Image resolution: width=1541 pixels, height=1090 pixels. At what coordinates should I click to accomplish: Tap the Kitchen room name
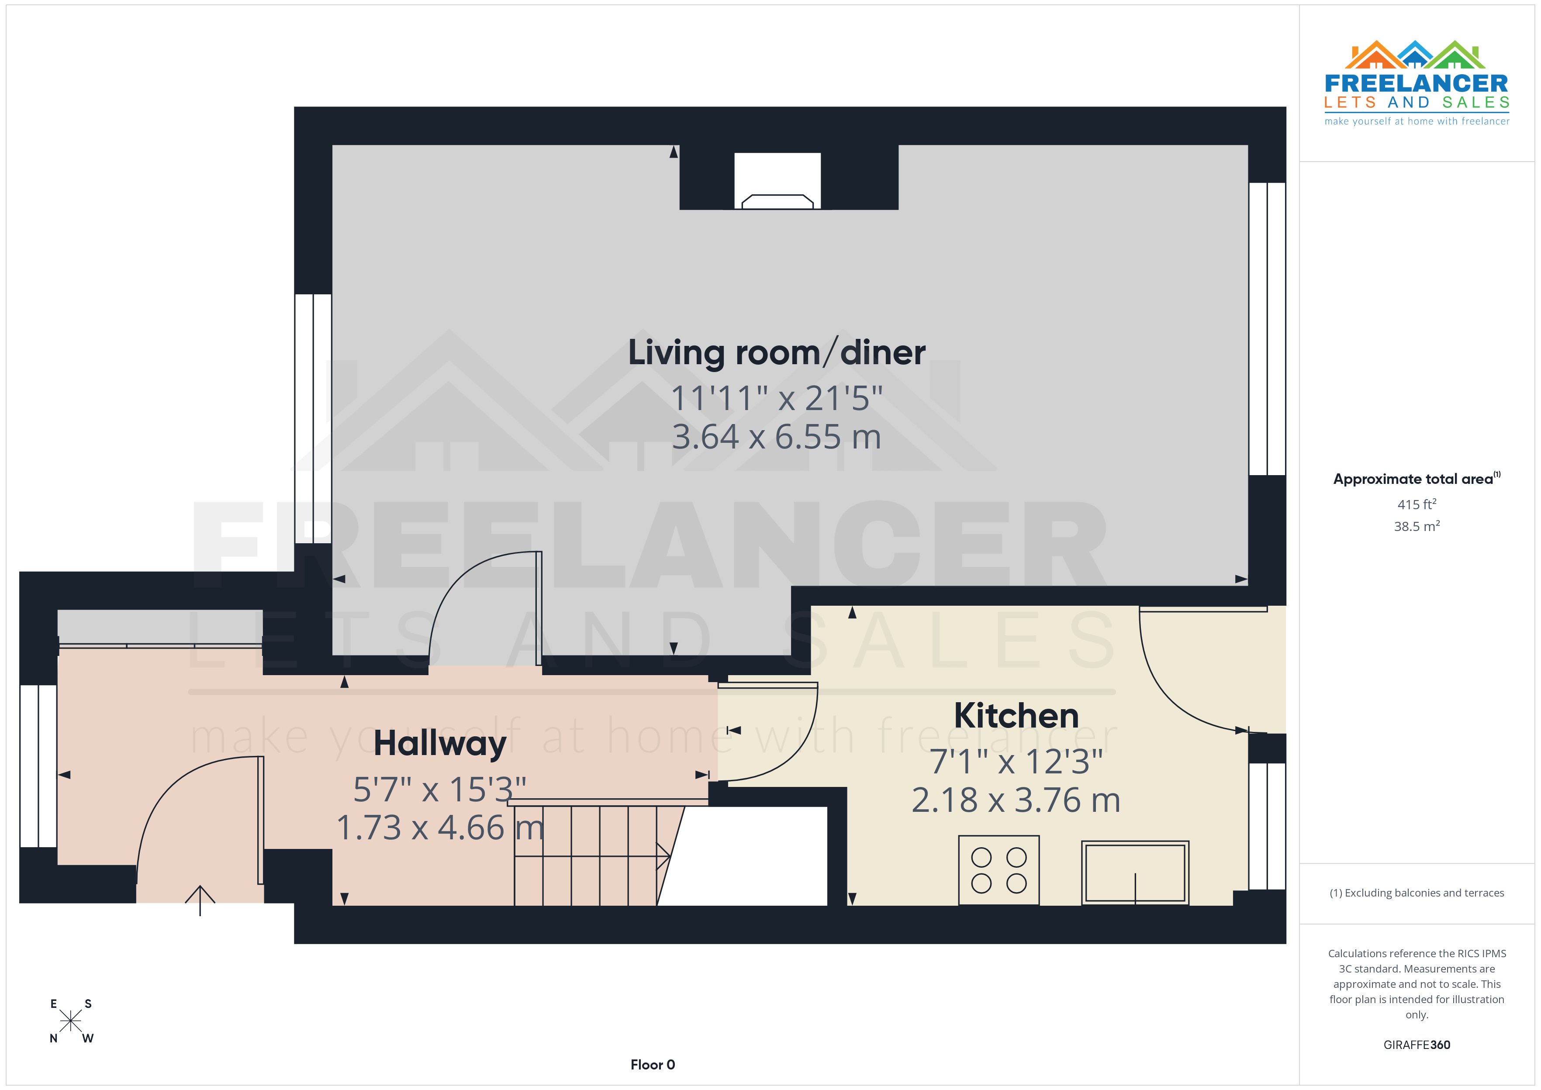click(1016, 715)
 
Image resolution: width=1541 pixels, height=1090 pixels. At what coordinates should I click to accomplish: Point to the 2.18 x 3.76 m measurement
click(1016, 800)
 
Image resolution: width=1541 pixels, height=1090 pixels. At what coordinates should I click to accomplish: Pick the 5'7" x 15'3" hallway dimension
click(439, 789)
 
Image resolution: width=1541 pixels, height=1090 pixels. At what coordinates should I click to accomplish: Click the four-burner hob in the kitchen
click(999, 870)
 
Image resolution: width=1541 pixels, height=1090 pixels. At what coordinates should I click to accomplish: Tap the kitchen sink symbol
click(1134, 873)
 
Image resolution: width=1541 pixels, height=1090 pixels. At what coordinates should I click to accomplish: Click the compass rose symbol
click(70, 1021)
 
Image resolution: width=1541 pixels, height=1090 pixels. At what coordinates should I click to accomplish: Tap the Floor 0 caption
click(653, 1065)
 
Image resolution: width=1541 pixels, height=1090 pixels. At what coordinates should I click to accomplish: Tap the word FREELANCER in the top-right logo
click(1416, 83)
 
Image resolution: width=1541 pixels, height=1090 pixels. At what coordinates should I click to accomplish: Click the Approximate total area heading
click(1413, 479)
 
